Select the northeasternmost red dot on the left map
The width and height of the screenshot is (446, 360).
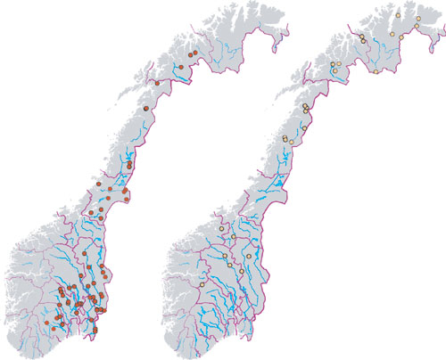tap(192, 53)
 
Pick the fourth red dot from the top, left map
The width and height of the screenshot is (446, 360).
tap(145, 107)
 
